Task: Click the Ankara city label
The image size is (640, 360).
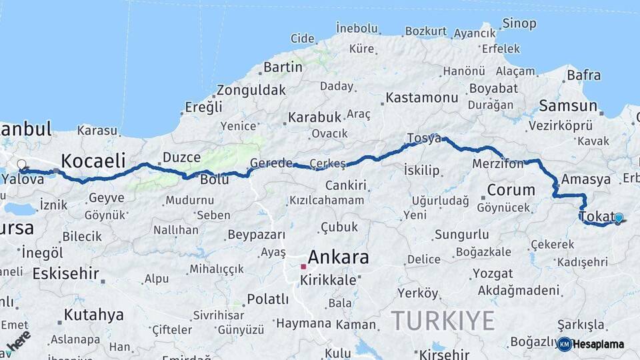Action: pyautogui.click(x=338, y=257)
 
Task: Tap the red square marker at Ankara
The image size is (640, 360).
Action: pyautogui.click(x=303, y=266)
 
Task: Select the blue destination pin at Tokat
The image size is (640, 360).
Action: pyautogui.click(x=619, y=218)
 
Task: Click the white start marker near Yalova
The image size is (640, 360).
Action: pyautogui.click(x=21, y=164)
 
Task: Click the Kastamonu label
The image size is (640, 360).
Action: pyautogui.click(x=422, y=98)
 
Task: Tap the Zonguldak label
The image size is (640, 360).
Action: pyautogui.click(x=251, y=90)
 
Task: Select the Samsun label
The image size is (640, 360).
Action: pyautogui.click(x=568, y=105)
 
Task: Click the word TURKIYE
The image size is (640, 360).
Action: pyautogui.click(x=443, y=321)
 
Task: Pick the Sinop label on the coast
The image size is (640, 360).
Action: pyautogui.click(x=519, y=24)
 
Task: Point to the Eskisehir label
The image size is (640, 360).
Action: pyautogui.click(x=65, y=273)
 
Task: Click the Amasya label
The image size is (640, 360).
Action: pyautogui.click(x=585, y=179)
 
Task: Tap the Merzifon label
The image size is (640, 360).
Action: pyautogui.click(x=497, y=163)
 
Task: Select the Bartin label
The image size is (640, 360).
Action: pyautogui.click(x=283, y=67)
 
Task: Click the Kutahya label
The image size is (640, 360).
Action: pyautogui.click(x=94, y=315)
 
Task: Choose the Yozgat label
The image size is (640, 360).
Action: pyautogui.click(x=493, y=273)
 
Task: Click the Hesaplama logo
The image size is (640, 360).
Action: pyautogui.click(x=591, y=344)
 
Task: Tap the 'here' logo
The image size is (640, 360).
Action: pyautogui.click(x=18, y=340)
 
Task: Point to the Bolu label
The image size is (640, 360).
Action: pyautogui.click(x=215, y=179)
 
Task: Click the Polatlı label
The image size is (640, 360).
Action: pyautogui.click(x=267, y=299)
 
